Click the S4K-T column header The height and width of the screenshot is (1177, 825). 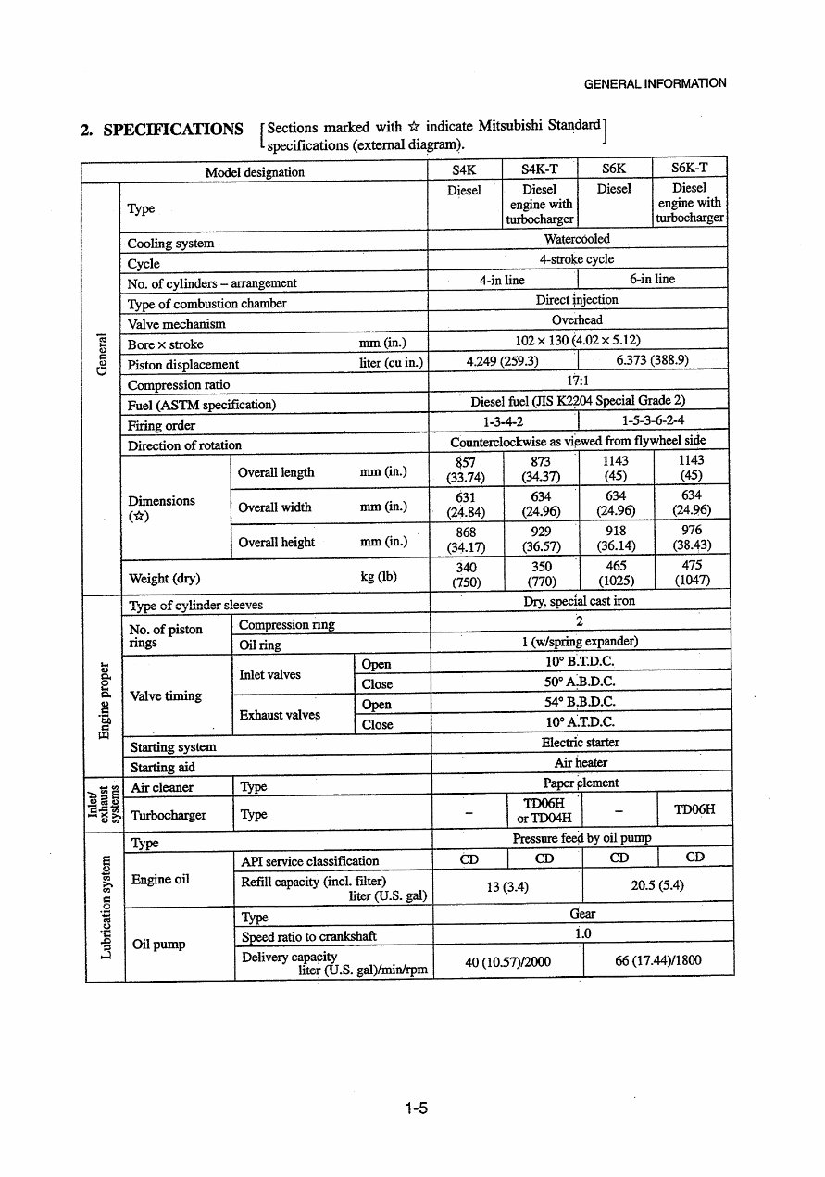point(540,169)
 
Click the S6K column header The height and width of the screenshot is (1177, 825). point(614,169)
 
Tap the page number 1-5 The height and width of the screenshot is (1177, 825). point(416,1108)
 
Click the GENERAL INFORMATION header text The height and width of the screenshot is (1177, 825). point(655,83)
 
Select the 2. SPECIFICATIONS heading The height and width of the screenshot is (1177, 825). point(162,130)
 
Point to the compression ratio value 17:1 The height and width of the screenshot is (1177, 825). point(578,381)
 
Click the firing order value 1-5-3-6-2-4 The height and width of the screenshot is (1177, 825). point(653,421)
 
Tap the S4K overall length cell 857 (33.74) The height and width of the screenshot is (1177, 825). point(466,470)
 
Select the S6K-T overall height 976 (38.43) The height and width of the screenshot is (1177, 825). point(691,538)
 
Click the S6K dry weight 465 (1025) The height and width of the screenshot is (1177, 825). point(616,573)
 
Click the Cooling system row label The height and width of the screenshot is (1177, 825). point(170,244)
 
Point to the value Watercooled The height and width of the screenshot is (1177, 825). point(577,239)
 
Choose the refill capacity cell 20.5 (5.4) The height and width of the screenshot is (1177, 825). point(656,885)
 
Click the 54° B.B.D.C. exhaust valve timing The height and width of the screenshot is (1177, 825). point(580,702)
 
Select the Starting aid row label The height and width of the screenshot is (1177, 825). point(162,767)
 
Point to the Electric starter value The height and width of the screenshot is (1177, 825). point(580,743)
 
